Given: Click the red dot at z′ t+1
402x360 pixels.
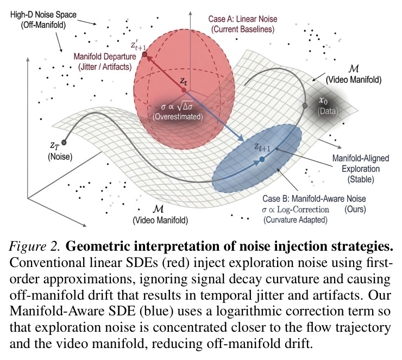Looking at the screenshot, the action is pos(145,54).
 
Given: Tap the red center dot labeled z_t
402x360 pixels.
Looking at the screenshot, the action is pos(184,90).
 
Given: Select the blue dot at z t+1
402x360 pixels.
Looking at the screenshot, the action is pos(262,159).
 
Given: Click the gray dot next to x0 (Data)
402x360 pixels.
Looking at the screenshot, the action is pos(305,105).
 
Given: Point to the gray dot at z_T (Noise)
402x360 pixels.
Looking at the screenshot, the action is pos(64,142).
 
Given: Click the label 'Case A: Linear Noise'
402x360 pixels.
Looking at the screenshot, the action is pos(242,19).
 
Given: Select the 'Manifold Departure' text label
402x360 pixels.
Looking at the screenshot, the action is pos(105,57).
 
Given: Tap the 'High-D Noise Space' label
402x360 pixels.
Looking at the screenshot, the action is pos(43,15).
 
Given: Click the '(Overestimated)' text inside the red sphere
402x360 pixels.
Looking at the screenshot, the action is pos(178,117).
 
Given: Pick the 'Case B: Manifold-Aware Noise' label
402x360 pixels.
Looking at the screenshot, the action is pos(314,198).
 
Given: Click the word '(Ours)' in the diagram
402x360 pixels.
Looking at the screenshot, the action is pos(355,209).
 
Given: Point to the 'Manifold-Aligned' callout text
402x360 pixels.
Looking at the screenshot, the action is pos(361,158).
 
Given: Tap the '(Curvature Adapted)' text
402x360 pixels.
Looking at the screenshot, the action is pos(296,220).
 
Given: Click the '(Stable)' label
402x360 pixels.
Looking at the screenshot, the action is pos(361,179).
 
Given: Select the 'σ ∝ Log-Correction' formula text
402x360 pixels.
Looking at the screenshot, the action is pos(296,209).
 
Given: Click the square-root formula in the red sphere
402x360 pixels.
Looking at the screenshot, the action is pos(177,106).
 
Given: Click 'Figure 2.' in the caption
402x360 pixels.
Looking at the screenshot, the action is pos(35,246).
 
